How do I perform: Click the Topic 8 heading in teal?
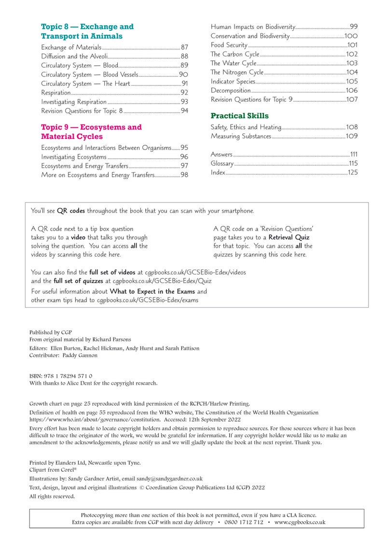87,31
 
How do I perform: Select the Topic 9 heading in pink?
91,132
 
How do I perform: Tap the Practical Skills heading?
239,116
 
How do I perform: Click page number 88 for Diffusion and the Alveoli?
184,56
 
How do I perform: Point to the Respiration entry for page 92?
56,93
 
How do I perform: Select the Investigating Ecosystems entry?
73,157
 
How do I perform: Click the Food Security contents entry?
229,45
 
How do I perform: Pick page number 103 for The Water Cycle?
352,63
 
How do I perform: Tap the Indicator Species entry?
233,82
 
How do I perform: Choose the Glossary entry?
222,164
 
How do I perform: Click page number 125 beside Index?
353,173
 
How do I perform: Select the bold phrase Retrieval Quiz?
289,237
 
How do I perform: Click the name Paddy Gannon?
79,355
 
